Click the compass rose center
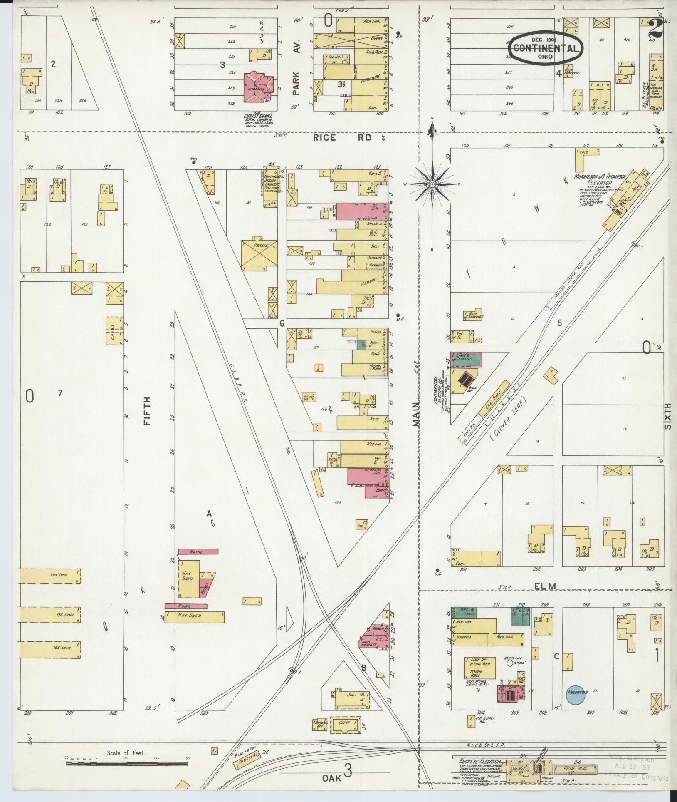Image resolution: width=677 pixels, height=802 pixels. pyautogui.click(x=432, y=184)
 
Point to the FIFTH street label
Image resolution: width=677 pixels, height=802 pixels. pyautogui.click(x=146, y=411)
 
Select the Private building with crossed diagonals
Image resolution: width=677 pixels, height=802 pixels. pyautogui.click(x=259, y=254)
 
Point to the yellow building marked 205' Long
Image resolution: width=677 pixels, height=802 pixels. pyautogui.click(x=49, y=576)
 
